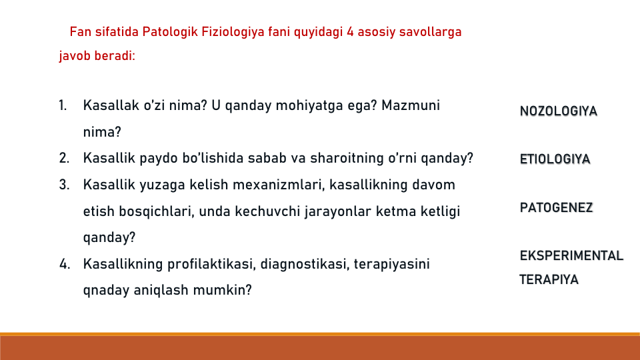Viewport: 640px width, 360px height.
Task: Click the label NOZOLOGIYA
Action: pos(559,111)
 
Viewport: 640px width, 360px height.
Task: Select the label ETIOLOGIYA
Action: pos(555,159)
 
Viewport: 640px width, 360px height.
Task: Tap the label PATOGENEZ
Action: pos(556,207)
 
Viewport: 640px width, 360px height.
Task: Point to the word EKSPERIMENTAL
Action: pos(571,255)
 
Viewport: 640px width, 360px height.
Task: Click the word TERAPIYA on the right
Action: pos(549,279)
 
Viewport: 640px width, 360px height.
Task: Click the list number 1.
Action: pos(63,105)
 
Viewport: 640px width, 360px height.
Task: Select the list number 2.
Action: pos(64,158)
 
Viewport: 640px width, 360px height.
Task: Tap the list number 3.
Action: pos(64,185)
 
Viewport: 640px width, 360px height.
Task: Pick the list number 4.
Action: pos(65,264)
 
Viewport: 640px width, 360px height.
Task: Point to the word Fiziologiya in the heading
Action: pos(233,32)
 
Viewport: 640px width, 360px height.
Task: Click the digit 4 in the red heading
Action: pos(350,32)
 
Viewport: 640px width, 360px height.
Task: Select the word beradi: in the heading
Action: pos(114,55)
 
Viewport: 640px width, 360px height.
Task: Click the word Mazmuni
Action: pos(411,105)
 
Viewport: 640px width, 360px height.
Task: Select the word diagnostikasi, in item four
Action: pos(305,264)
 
